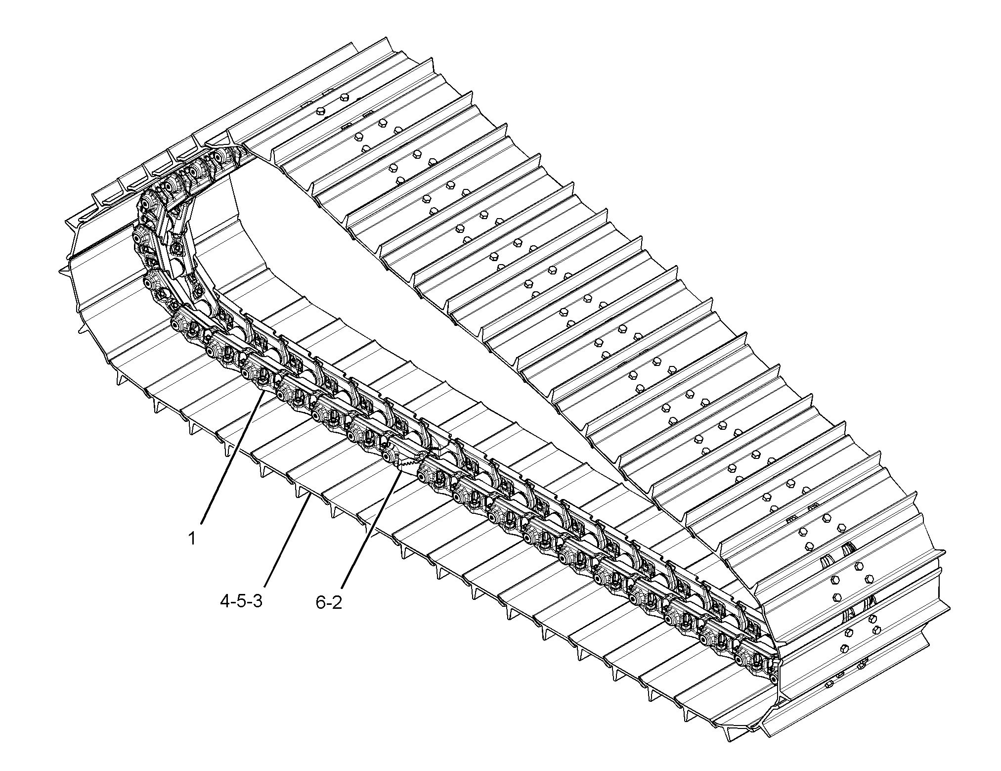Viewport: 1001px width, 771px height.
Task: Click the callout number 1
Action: [x=191, y=538]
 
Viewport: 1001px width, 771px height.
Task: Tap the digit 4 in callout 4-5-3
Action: [x=225, y=602]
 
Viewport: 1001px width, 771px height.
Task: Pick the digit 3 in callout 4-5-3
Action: [x=257, y=602]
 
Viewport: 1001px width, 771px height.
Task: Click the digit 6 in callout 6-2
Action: [x=321, y=603]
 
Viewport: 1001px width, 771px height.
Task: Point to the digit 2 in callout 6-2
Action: [x=337, y=603]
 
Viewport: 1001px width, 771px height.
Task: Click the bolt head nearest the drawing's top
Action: [x=345, y=97]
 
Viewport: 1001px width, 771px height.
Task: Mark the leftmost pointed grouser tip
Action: [x=61, y=271]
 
